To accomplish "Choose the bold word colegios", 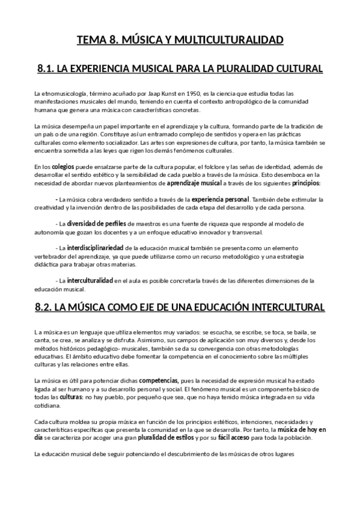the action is click(63, 166).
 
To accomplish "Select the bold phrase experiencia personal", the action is click(220, 199).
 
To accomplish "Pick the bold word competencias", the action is click(159, 381).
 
